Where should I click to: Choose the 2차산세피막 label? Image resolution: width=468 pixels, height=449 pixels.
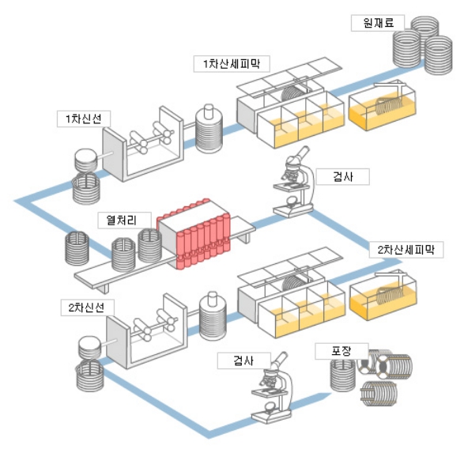click(x=406, y=249)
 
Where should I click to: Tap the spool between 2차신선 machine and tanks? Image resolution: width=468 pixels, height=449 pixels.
click(x=211, y=315)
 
